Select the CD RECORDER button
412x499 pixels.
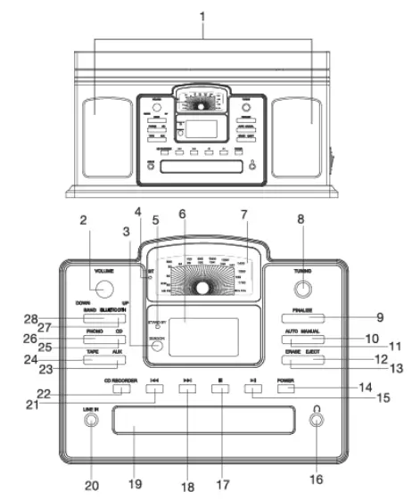pyautogui.click(x=122, y=388)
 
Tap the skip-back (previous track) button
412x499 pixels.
pyautogui.click(x=155, y=388)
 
